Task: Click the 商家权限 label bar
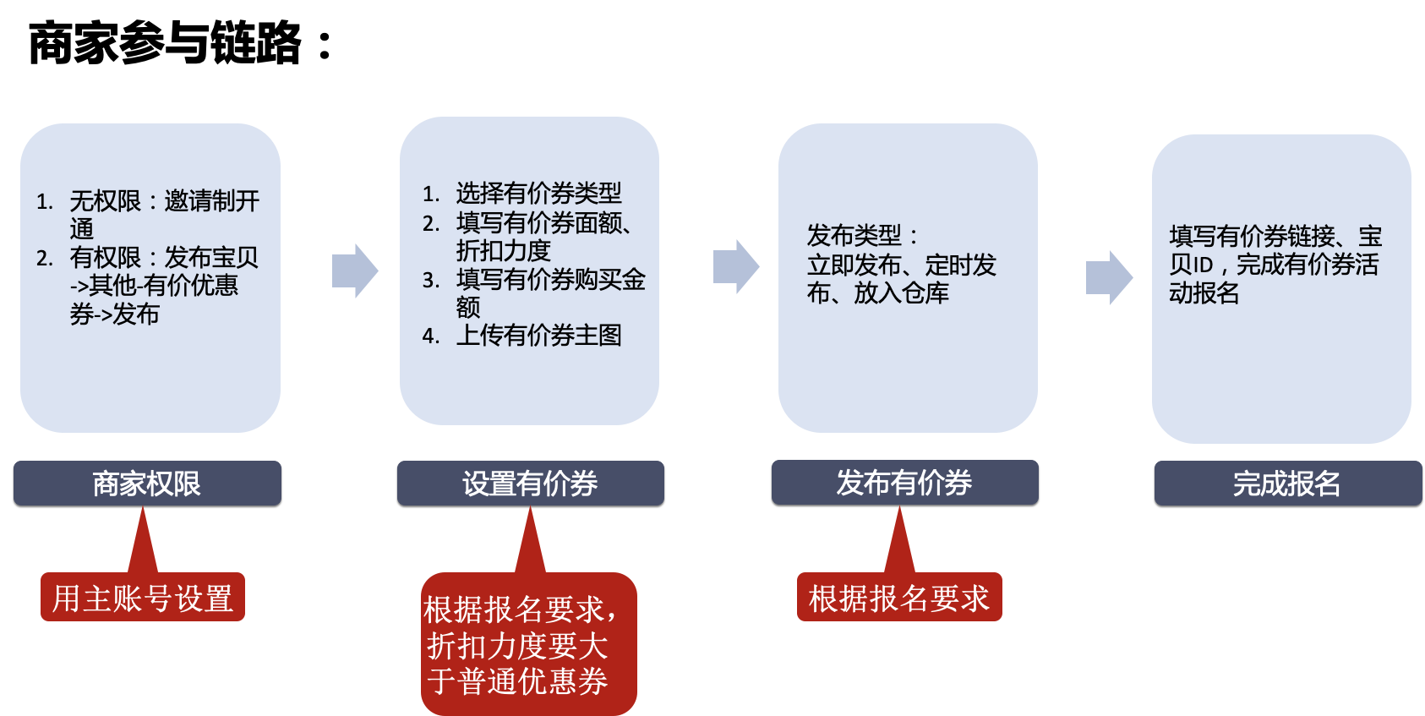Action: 147,484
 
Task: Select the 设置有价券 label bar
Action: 530,484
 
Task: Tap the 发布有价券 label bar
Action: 904,483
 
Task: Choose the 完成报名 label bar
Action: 1287,484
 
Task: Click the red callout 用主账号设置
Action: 143,598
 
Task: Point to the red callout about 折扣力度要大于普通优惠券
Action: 528,644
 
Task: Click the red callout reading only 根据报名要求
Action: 899,598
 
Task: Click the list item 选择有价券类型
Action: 538,194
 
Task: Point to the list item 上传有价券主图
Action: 538,336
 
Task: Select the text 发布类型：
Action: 862,235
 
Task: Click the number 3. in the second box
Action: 431,280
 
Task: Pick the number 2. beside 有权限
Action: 45,258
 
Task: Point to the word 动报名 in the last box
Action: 1204,293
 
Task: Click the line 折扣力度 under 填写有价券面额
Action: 503,251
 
